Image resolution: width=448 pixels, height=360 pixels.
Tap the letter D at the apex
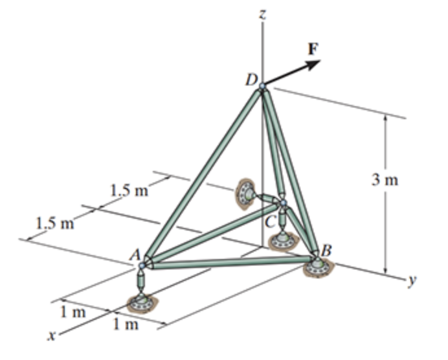pos(250,81)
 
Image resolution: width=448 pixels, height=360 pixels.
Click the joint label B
pos(326,249)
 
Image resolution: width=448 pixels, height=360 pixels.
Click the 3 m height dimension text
pos(389,180)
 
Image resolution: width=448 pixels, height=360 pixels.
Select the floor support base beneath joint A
pos(142,302)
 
